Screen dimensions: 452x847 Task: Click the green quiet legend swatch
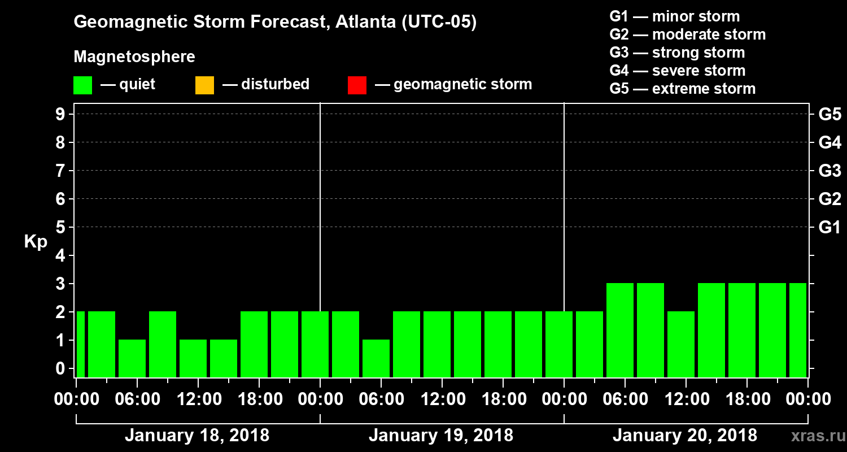coord(82,85)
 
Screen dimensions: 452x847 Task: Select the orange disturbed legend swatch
coord(204,85)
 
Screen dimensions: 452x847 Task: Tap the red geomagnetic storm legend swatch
coord(357,85)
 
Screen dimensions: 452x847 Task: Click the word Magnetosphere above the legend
coord(134,57)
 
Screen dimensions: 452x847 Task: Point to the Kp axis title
coord(35,241)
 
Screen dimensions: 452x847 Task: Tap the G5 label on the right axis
coord(829,115)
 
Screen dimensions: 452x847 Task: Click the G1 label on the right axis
coord(829,228)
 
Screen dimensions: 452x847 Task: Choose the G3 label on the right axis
coord(829,171)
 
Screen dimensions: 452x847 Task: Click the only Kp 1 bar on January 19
coord(376,358)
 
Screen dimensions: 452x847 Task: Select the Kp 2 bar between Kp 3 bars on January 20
coord(681,344)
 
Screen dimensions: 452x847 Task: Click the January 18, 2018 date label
coord(197,436)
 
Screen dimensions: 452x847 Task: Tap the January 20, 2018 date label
coord(684,436)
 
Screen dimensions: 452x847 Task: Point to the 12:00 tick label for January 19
coord(442,399)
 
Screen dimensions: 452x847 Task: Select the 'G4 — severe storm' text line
coord(677,71)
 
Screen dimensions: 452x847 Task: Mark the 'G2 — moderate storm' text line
coord(687,34)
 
